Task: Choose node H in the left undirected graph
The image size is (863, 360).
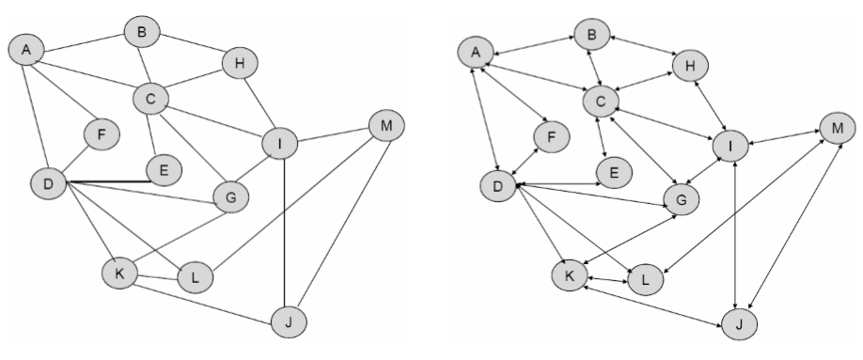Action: coord(239,64)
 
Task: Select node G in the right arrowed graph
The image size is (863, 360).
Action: coord(683,198)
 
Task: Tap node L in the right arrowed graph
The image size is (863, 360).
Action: coord(646,279)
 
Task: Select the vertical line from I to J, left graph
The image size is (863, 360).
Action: coord(283,235)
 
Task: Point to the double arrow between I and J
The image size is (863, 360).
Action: coord(732,235)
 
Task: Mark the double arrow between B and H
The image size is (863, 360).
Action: coord(643,49)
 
